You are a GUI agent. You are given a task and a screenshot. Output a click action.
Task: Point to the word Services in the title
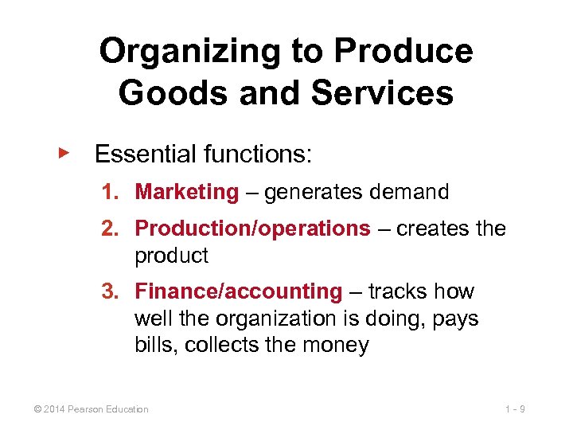click(383, 92)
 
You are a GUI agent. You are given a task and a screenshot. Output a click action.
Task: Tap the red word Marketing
click(187, 192)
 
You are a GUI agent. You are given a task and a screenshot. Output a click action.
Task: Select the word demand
click(408, 192)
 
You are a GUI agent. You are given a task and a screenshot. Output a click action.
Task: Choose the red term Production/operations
click(253, 229)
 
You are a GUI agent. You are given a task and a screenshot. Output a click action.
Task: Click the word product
click(171, 256)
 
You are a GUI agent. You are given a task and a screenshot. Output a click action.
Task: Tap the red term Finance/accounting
click(239, 291)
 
